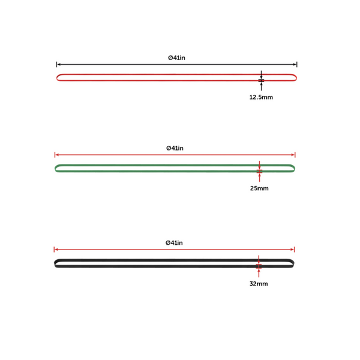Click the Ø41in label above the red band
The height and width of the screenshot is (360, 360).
point(176,58)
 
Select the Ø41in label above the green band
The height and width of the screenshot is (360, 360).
point(175,148)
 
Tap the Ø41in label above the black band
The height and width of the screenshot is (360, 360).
point(174,242)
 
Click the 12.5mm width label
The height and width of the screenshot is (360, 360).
point(261,97)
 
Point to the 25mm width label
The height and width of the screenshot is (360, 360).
point(259,188)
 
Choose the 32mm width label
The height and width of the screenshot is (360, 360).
point(259,283)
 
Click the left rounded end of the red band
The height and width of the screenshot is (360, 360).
point(59,77)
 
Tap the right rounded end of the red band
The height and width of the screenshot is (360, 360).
point(295,77)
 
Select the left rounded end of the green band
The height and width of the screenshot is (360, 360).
point(57,168)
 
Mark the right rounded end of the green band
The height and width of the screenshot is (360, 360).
point(293,168)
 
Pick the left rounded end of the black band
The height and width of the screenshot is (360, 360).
point(56,263)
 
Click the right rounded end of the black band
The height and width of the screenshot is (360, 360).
point(292,263)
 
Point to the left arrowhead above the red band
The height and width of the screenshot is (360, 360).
point(59,64)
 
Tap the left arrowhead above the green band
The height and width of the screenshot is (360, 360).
point(57,154)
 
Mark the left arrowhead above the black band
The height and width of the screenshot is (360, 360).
point(56,249)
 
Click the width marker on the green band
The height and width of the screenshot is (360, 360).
point(259,170)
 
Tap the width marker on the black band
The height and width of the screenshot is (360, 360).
point(259,265)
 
